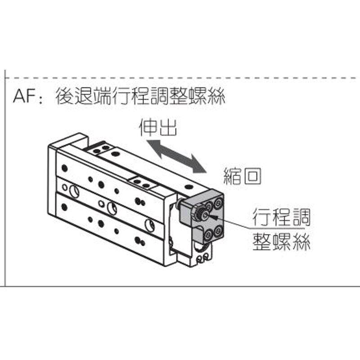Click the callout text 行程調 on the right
click(281, 218)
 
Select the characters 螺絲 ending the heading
click(209, 96)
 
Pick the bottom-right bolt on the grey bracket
click(218, 232)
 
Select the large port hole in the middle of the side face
click(112, 208)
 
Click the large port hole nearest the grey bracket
click(149, 224)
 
